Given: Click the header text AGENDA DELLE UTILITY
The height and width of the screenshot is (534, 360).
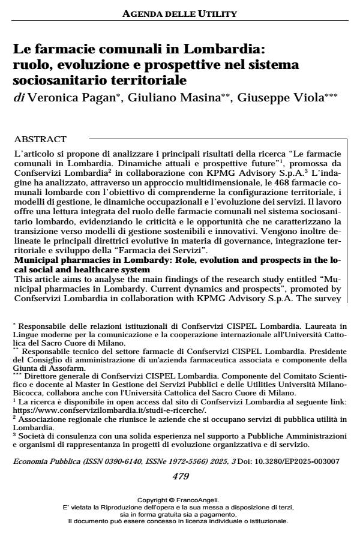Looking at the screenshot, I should click(x=179, y=12).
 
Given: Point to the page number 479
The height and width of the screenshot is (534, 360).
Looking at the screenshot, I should click(x=179, y=460).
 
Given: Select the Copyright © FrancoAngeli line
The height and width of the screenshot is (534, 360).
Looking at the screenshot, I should click(x=179, y=499).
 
